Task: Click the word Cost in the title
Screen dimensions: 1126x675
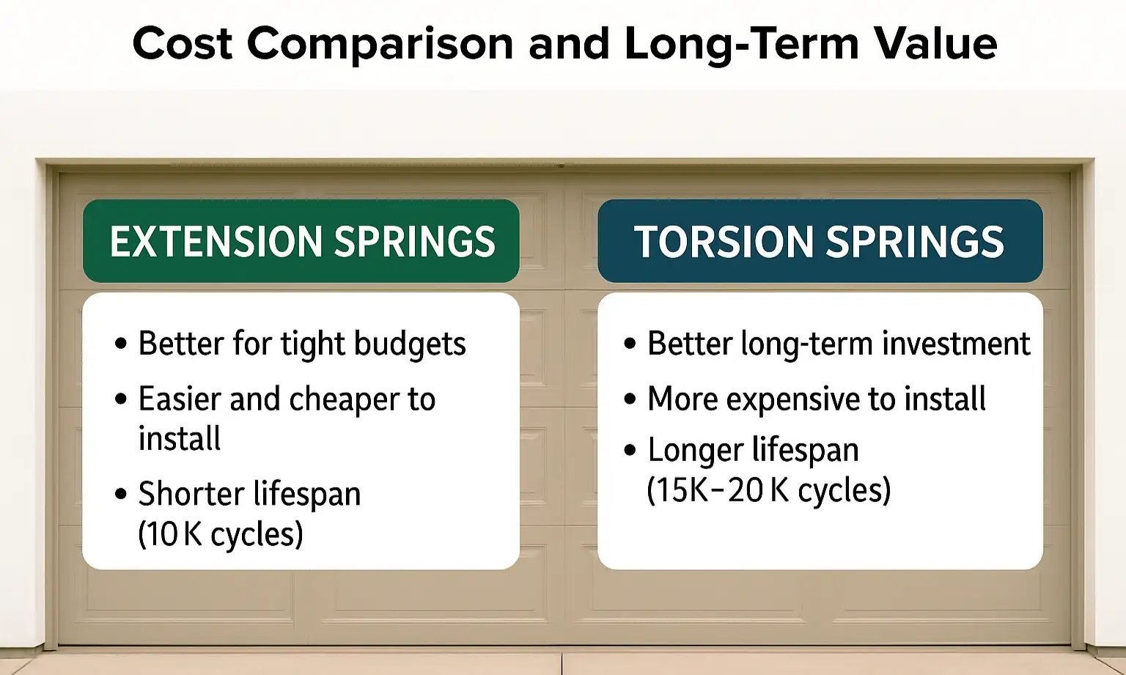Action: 183,43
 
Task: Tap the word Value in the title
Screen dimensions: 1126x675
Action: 935,43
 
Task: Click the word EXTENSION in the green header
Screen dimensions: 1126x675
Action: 216,242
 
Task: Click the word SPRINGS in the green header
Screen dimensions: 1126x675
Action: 415,242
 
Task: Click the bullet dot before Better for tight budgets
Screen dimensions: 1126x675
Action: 121,344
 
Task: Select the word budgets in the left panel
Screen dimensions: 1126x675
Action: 410,344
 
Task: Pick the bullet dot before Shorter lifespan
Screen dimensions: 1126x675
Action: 121,493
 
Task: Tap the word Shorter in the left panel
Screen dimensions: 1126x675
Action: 191,493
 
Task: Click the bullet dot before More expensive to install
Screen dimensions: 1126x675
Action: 630,399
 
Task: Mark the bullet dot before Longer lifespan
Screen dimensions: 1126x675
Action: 630,449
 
